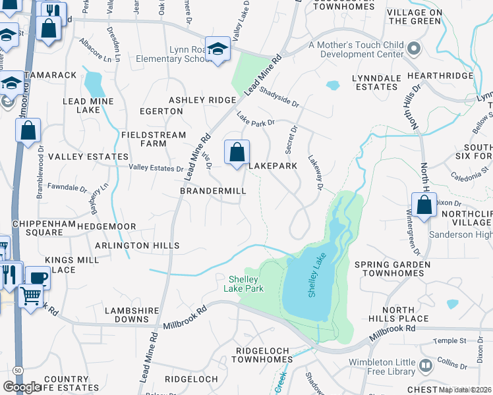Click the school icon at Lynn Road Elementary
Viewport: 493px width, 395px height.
(x=217, y=49)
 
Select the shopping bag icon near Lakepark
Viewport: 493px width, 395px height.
(x=237, y=152)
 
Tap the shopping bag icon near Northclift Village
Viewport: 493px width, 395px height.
(x=425, y=204)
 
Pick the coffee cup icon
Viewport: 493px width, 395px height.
(x=38, y=278)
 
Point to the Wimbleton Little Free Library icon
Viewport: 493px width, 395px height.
(x=426, y=364)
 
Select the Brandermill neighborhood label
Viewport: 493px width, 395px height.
(x=213, y=191)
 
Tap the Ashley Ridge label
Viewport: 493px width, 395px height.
(x=202, y=100)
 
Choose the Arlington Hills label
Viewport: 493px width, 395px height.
(x=137, y=246)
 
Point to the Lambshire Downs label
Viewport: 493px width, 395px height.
(x=132, y=315)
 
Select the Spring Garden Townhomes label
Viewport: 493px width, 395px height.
(x=392, y=269)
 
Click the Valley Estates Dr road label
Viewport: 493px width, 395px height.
(x=156, y=169)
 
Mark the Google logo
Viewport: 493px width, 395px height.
(x=22, y=387)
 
